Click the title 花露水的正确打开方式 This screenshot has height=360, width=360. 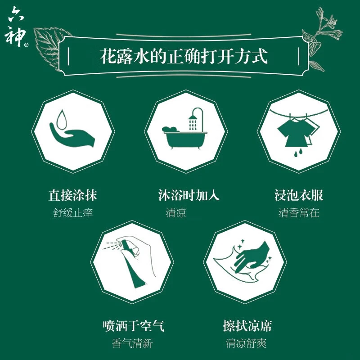(183, 57)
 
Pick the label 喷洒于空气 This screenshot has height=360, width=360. (133, 325)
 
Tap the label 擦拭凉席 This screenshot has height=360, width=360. (247, 325)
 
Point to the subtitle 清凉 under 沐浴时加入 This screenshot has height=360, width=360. (176, 213)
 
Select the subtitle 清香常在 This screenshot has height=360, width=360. (299, 213)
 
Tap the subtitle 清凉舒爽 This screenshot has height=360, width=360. (246, 343)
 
